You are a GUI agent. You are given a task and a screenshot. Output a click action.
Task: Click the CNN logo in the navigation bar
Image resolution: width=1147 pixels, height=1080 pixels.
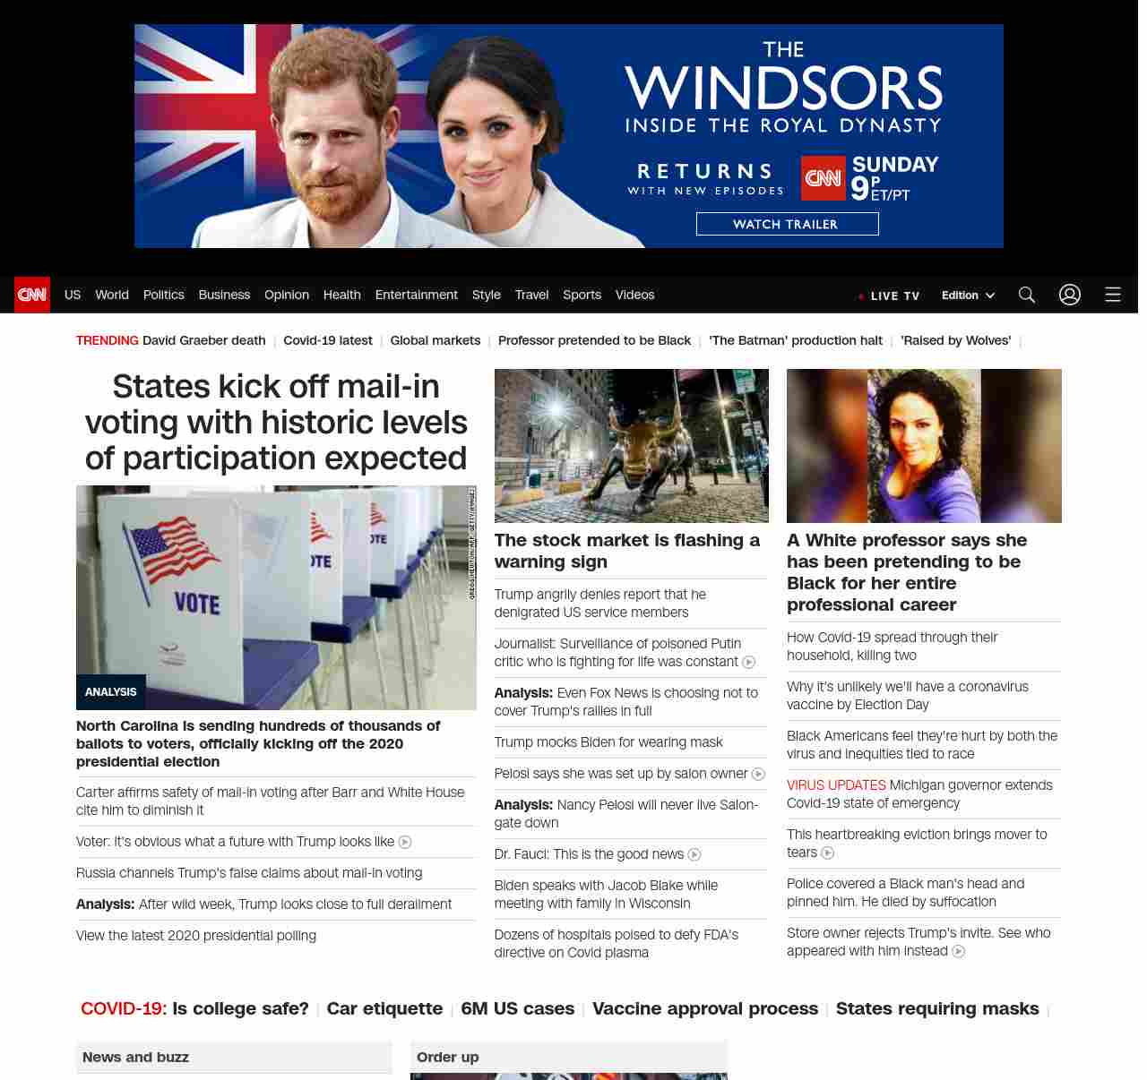pos(32,295)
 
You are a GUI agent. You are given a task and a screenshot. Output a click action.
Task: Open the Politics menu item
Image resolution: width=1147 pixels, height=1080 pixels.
pos(163,295)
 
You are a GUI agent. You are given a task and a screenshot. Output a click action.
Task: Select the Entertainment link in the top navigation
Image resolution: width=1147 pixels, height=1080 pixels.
pos(416,295)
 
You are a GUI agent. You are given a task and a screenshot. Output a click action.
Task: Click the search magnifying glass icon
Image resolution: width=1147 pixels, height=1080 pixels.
pos(1027,295)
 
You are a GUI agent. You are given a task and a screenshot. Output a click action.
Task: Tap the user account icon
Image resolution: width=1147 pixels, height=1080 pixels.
pos(1070,295)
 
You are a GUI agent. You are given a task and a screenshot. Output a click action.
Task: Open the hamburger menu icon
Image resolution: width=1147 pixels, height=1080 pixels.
pos(1113,295)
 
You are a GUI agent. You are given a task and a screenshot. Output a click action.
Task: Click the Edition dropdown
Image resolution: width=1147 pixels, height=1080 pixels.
pos(968,296)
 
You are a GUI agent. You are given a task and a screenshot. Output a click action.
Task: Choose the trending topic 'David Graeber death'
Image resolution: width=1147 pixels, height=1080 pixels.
pos(203,340)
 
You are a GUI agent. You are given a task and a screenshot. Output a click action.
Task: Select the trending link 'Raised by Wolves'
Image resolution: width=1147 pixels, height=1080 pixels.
pos(955,340)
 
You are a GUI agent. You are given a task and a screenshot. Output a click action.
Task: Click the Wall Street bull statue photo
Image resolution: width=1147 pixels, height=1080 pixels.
pos(631,446)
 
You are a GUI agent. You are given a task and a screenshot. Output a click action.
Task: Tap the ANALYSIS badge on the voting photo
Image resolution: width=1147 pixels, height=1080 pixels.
pos(111,692)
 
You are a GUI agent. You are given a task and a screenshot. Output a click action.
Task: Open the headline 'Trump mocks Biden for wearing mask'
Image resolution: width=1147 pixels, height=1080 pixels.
pos(608,742)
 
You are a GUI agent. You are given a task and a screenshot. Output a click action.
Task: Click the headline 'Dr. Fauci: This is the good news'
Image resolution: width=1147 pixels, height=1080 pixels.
pos(589,854)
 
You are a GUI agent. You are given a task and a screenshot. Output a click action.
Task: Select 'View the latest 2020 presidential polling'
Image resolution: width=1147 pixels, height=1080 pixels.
pos(196,936)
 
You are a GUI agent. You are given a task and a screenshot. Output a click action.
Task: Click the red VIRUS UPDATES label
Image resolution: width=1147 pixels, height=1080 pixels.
pos(836,785)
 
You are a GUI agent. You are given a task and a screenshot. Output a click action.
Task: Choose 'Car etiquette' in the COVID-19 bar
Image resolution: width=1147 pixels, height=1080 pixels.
pos(384,1008)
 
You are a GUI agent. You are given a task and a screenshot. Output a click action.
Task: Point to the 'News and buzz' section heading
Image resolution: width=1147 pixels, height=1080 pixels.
pos(136,1058)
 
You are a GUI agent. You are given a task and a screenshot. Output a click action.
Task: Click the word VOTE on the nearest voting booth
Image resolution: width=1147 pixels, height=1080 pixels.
pos(197,604)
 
